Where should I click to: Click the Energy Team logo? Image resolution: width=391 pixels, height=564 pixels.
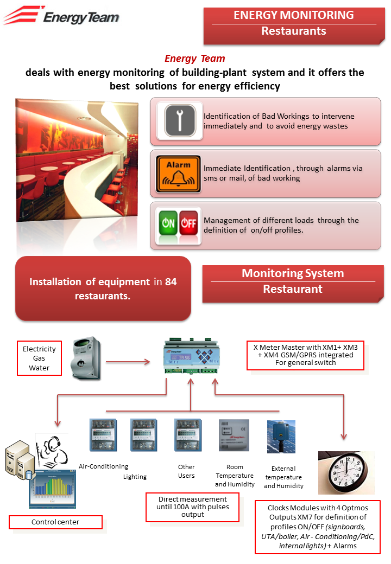61,15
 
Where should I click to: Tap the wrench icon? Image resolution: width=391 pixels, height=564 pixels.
180,120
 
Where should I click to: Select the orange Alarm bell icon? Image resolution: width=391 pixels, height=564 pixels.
178,174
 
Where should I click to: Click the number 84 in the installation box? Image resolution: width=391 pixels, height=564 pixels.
171,281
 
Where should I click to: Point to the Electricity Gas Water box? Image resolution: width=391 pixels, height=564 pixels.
39,358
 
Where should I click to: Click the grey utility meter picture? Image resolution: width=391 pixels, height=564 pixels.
86,358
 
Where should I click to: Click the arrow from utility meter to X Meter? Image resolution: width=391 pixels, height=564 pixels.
128,362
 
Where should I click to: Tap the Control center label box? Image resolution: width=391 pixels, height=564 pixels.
55,522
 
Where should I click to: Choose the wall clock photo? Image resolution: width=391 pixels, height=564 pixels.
346,473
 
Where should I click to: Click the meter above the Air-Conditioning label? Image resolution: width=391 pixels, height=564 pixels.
103,435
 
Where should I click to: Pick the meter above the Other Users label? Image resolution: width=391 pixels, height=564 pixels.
187,435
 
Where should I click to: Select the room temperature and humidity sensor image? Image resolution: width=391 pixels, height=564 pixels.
234,435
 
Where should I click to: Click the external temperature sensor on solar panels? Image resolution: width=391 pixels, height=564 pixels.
281,437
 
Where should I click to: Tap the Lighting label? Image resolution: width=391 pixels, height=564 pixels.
135,477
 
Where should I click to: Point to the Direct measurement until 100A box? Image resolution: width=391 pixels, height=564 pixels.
193,507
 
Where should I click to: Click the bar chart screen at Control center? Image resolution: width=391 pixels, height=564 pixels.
53,489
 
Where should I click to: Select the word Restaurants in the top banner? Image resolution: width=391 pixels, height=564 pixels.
294,31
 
